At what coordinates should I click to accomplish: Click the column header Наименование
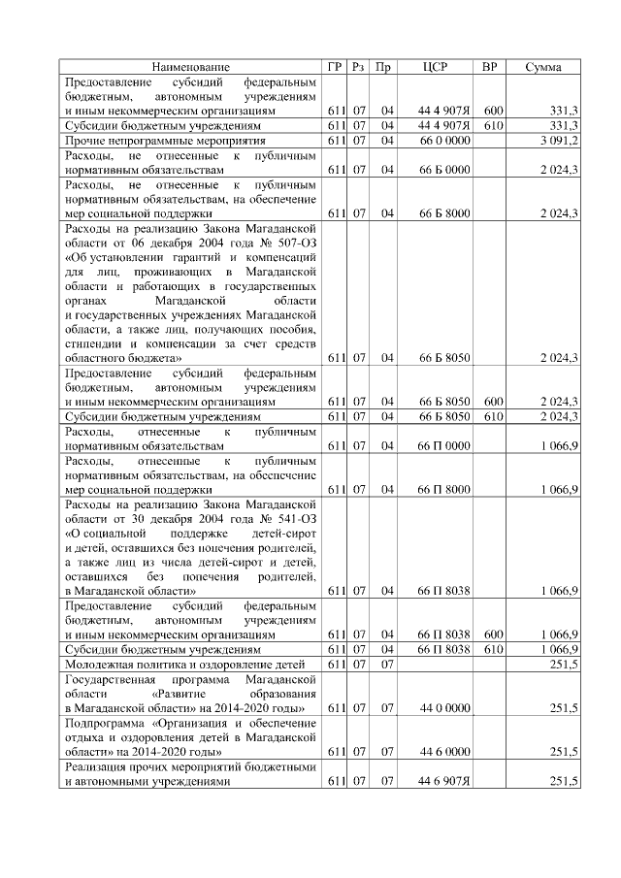pyautogui.click(x=191, y=67)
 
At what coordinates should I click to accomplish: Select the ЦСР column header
pyautogui.click(x=435, y=67)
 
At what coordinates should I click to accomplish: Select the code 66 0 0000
pyautogui.click(x=444, y=141)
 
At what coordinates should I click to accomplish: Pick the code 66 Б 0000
pyautogui.click(x=444, y=170)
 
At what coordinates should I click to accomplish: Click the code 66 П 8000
pyautogui.click(x=444, y=490)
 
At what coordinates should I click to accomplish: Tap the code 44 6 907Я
pyautogui.click(x=444, y=781)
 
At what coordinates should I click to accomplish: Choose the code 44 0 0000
pyautogui.click(x=446, y=709)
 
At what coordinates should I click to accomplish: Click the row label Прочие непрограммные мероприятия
pyautogui.click(x=152, y=141)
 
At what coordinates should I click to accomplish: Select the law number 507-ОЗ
pyautogui.click(x=292, y=242)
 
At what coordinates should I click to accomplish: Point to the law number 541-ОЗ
pyautogui.click(x=292, y=518)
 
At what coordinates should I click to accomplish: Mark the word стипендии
pyautogui.click(x=93, y=343)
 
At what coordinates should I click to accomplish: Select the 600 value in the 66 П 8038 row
pyautogui.click(x=494, y=634)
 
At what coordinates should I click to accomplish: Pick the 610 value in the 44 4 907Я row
pyautogui.click(x=494, y=126)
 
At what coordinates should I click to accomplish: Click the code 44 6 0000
pyautogui.click(x=446, y=752)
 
